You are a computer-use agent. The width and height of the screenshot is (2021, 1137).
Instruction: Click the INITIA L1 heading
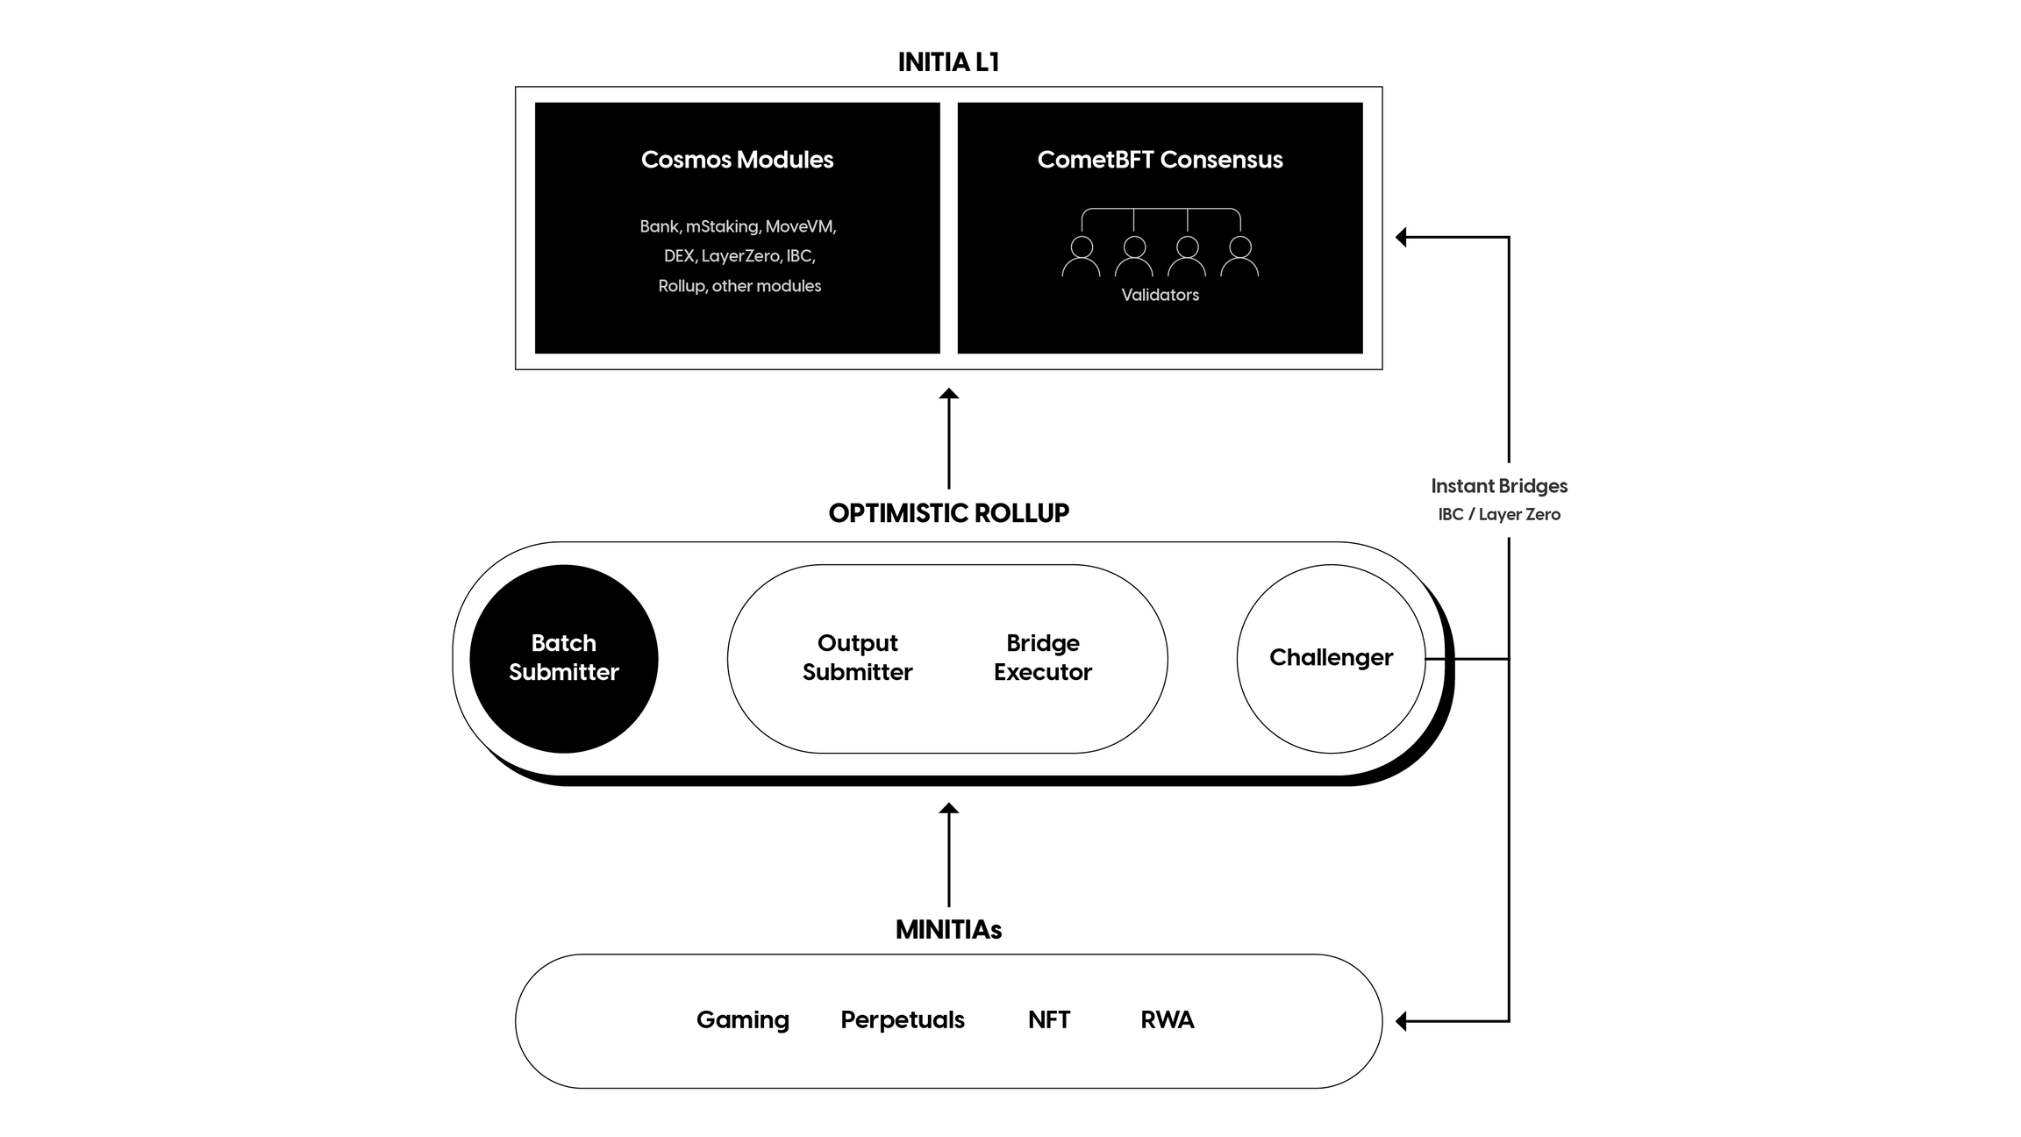pos(948,62)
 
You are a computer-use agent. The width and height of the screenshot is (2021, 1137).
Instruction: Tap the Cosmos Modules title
pos(737,160)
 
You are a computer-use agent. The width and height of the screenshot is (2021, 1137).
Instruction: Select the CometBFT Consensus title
pos(1160,160)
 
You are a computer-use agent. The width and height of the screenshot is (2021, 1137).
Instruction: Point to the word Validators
pos(1160,295)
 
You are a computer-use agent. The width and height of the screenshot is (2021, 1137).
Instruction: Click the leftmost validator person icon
pos(1081,256)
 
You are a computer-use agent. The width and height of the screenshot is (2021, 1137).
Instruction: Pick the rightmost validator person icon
pos(1239,256)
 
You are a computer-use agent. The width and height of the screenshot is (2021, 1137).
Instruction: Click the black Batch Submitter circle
pos(564,658)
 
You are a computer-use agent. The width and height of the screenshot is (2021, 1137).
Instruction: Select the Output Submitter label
pos(857,657)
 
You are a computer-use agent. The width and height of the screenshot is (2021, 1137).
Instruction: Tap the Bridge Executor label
pos(1042,657)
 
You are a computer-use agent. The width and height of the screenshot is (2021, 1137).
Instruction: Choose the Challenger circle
pos(1331,658)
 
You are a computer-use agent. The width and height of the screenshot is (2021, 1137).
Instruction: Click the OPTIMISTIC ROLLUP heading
pos(948,513)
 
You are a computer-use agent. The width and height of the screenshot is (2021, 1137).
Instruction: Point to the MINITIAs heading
pos(948,930)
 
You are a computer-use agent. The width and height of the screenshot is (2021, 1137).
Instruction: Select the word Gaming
pos(742,1019)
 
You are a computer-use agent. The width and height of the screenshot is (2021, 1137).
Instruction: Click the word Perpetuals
pos(902,1019)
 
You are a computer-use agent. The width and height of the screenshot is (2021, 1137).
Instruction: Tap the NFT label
pos(1048,1019)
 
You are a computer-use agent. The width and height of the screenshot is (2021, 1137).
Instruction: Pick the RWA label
pos(1167,1019)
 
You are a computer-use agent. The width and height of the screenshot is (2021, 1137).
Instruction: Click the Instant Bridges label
pos(1499,486)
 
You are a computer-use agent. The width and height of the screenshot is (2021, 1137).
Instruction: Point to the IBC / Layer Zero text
pos(1499,514)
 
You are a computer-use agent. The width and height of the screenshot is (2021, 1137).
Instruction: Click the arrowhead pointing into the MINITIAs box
pos(1402,1021)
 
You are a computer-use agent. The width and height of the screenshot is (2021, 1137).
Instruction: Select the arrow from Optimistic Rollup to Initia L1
pos(948,439)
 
